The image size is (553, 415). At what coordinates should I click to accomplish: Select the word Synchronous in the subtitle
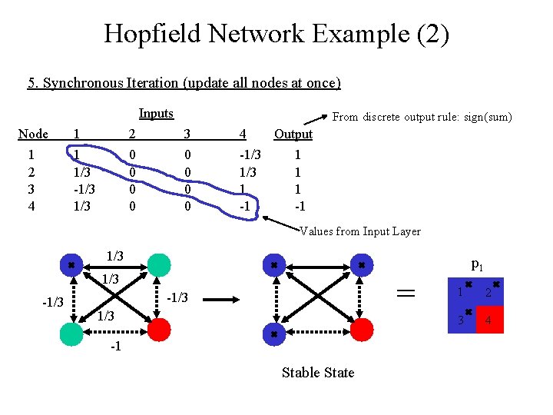[x=79, y=83]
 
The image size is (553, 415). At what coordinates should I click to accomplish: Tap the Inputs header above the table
[x=156, y=114]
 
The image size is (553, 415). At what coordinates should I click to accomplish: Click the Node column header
[x=33, y=134]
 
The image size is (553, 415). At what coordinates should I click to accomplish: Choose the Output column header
[x=293, y=134]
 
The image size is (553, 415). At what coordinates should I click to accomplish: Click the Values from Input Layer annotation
[x=359, y=231]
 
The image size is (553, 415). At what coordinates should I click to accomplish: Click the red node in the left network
[x=159, y=330]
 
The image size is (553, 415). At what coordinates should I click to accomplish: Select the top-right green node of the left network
[x=159, y=265]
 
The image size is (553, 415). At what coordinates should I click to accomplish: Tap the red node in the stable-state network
[x=362, y=330]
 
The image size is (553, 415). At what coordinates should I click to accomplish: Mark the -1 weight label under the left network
[x=115, y=347]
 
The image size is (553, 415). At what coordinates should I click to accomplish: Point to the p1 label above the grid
[x=476, y=266]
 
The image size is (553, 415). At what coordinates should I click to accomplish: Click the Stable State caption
[x=318, y=373]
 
